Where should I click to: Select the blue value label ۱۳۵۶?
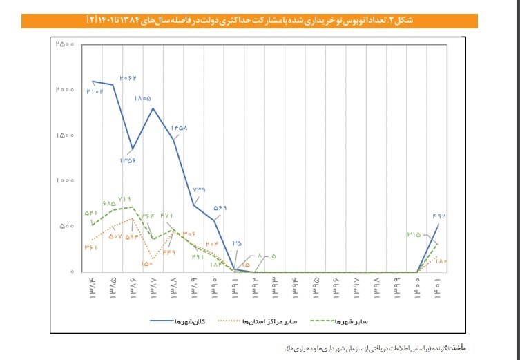coord(127,160)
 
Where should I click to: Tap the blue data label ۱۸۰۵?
coord(144,99)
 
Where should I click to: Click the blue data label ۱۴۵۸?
coord(179,128)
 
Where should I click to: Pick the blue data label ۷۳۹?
coord(199,190)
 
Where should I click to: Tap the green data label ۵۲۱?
coord(93,214)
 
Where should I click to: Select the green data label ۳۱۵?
coord(414,235)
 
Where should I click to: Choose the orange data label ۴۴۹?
coord(169,252)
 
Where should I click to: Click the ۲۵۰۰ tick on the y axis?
coord(65,44)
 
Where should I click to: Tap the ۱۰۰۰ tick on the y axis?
coord(65,180)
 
